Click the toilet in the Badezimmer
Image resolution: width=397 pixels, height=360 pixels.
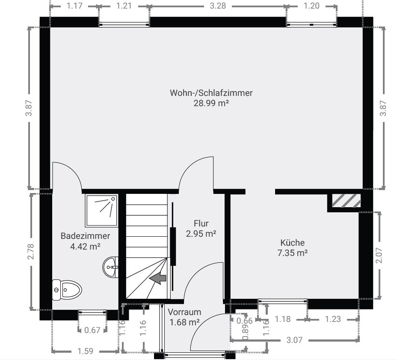[67, 290]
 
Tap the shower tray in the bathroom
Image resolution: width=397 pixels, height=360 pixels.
[101, 211]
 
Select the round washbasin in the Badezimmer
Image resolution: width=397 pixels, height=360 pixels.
[110, 267]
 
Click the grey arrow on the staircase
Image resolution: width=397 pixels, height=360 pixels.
[157, 278]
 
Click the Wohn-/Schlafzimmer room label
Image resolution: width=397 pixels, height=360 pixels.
[211, 93]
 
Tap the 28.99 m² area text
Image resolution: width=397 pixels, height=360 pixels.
[211, 103]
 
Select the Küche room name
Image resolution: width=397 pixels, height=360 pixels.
[293, 242]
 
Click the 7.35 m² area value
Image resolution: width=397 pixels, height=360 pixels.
[293, 253]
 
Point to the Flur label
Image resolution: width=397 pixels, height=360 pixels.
[201, 223]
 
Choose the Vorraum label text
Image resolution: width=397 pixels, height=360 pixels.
[184, 312]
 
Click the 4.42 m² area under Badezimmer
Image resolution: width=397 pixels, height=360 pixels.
[85, 246]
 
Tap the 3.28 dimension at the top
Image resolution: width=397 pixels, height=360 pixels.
[218, 6]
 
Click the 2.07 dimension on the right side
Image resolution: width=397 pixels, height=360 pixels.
[379, 256]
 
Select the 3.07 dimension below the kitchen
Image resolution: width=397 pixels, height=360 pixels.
[294, 340]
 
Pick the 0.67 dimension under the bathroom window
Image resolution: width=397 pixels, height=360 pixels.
[92, 330]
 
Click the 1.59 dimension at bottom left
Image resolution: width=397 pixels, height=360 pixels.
[85, 351]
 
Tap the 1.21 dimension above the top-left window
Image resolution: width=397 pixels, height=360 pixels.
[124, 6]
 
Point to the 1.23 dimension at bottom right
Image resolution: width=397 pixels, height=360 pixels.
[333, 319]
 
